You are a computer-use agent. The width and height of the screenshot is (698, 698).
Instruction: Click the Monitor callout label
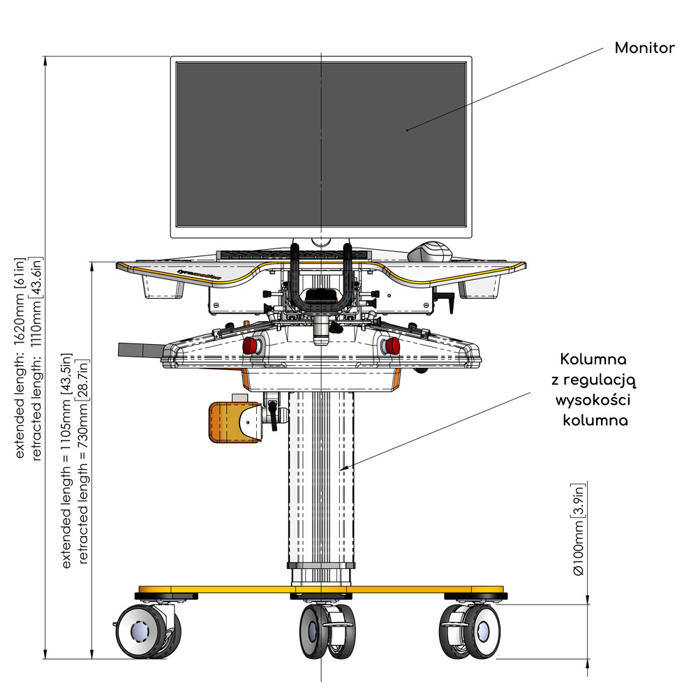644,48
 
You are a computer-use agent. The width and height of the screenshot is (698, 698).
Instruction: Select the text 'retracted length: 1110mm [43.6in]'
38,356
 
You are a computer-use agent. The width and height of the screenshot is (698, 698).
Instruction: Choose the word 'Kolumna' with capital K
593,360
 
